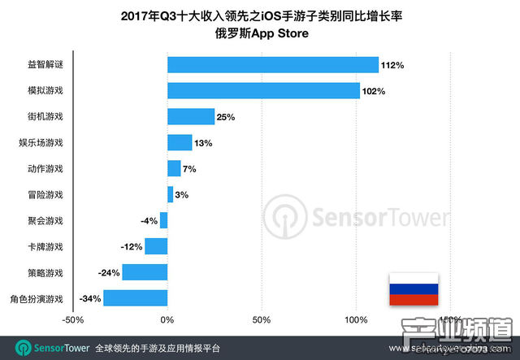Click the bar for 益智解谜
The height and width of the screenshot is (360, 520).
273,65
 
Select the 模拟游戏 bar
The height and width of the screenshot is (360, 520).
263,91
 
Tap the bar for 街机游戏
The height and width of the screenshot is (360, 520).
191,117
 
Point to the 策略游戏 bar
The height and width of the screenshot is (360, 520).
145,272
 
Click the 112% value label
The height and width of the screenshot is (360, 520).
393,65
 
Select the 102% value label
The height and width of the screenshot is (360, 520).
374,91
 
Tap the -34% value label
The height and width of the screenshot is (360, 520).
89,298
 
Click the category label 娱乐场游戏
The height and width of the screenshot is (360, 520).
41,143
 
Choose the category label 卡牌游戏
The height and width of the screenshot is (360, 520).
45,246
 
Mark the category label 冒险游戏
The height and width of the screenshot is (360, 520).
45,194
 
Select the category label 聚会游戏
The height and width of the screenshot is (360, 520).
45,220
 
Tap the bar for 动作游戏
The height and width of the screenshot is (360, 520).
174,169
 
